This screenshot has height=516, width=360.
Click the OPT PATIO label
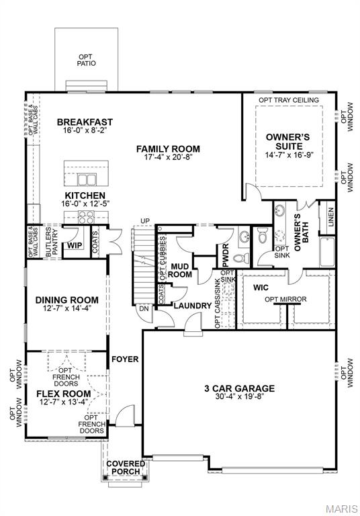[x=87, y=59]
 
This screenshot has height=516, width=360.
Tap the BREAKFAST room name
[x=85, y=122]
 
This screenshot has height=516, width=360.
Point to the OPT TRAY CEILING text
[x=289, y=100]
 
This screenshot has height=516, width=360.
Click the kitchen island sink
[x=87, y=179]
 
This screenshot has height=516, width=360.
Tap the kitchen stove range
[x=87, y=216]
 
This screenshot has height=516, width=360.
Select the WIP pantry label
[x=74, y=247]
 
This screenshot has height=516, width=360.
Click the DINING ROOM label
[x=66, y=300]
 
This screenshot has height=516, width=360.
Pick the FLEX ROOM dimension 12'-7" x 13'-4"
[x=63, y=403]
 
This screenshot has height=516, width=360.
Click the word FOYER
[x=125, y=359]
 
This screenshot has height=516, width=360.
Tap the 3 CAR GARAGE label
[x=239, y=388]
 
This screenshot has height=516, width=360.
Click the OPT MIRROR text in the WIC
[x=287, y=299]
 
